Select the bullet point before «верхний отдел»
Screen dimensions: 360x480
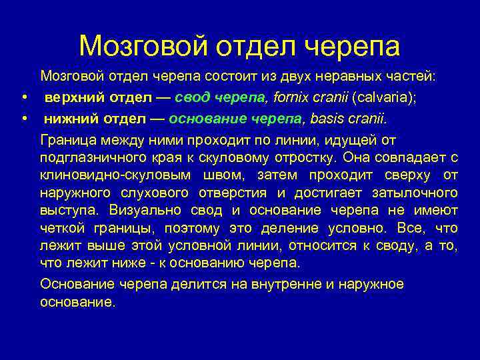(25, 98)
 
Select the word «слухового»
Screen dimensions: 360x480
(155, 193)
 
